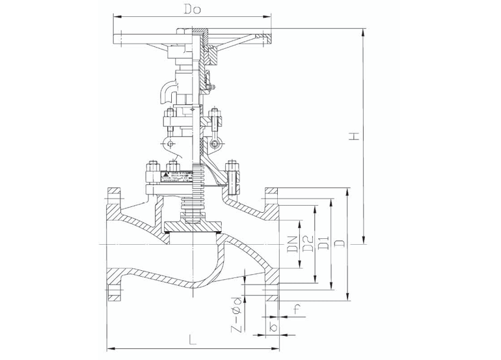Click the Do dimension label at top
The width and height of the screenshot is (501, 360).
193,9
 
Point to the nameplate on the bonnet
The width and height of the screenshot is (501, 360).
170,176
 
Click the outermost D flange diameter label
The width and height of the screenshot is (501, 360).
339,244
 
